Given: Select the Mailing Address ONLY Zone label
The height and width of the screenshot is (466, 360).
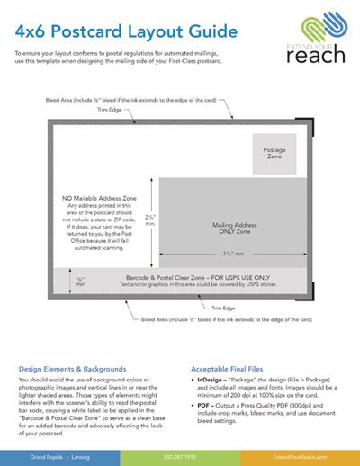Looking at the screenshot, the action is click(x=237, y=228).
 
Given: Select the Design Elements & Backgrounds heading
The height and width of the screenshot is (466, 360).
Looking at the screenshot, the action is click(x=68, y=369).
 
